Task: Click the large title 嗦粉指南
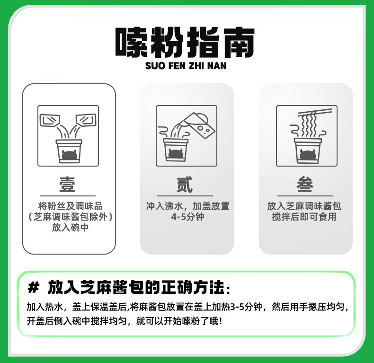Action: point(185,43)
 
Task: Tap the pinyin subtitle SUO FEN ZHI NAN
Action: point(186,66)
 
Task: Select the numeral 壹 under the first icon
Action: point(67,185)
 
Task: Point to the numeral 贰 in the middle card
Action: point(185,185)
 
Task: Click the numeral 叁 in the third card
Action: point(305,184)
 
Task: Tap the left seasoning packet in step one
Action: point(50,120)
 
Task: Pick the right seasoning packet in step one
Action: point(86,120)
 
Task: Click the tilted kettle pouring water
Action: point(197,124)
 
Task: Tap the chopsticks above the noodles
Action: point(315,112)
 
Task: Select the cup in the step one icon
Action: point(69,151)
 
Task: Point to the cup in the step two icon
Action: point(176,150)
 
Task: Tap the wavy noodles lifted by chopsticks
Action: point(309,125)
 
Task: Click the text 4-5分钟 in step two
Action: point(188,217)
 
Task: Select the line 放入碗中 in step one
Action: point(71,227)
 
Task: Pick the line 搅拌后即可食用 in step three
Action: point(304,217)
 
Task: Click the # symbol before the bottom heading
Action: point(34,287)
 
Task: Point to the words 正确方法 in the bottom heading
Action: point(193,287)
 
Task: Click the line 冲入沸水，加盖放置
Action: point(188,206)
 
